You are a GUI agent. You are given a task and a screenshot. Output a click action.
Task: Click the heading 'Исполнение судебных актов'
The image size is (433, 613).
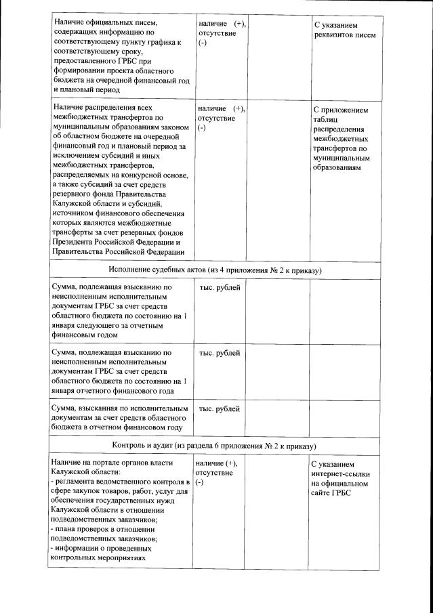point(164,270)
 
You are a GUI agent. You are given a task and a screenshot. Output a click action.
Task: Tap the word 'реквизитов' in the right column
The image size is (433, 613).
point(337,35)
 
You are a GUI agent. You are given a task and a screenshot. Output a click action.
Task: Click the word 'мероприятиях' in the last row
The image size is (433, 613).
point(119,559)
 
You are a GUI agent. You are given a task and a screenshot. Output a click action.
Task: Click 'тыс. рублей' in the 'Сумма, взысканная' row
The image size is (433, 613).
point(219,409)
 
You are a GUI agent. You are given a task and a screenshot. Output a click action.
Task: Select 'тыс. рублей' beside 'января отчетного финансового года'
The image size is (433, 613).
point(219,353)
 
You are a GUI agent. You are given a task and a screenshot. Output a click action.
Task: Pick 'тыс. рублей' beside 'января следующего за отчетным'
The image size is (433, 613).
point(219,287)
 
